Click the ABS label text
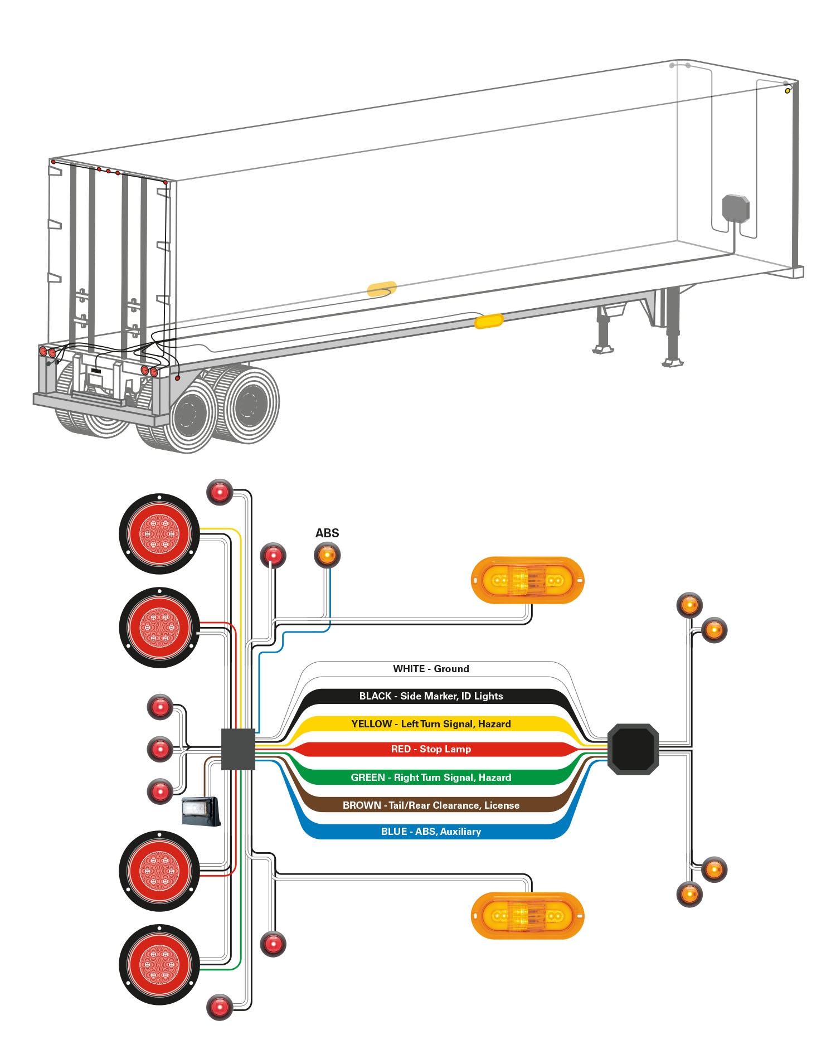click(x=327, y=533)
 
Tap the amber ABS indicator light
click(x=327, y=556)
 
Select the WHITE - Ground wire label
click(x=431, y=669)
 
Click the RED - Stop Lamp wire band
click(x=431, y=749)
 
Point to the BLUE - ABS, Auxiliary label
click(x=431, y=832)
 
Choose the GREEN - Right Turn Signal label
click(x=431, y=778)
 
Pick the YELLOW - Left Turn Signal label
click(x=431, y=724)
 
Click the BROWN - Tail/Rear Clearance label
click(x=431, y=805)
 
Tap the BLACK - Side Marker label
click(x=431, y=696)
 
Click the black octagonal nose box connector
click(x=633, y=749)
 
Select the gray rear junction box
click(x=238, y=749)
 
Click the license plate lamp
click(x=201, y=811)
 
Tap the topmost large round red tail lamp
click(x=159, y=533)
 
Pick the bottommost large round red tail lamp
click(x=159, y=964)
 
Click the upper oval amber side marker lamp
click(x=527, y=580)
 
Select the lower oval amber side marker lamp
click(x=527, y=916)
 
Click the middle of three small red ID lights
click(x=160, y=749)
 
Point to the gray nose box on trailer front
click(x=736, y=208)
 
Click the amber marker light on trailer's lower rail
click(x=489, y=322)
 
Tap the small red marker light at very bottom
click(x=220, y=1007)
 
